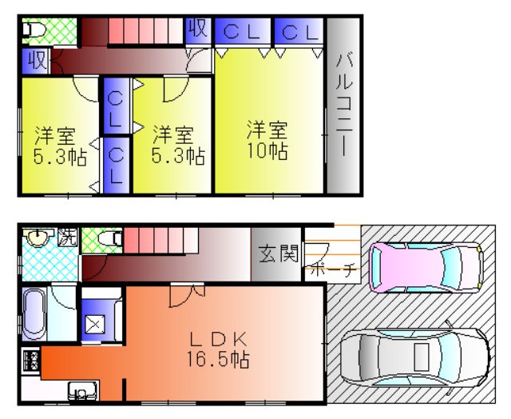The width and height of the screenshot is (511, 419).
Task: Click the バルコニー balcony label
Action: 343,104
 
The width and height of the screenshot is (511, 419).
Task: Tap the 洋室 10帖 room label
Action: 266,139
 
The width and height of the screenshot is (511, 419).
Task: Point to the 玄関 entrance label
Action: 278,254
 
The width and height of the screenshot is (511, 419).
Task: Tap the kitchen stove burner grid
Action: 32,360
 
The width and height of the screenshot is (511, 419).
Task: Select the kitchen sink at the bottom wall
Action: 81,392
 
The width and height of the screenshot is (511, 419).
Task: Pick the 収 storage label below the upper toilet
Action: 36,60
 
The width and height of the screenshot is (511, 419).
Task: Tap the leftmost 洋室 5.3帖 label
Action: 54,144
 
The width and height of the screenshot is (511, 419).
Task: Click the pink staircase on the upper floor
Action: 144,32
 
